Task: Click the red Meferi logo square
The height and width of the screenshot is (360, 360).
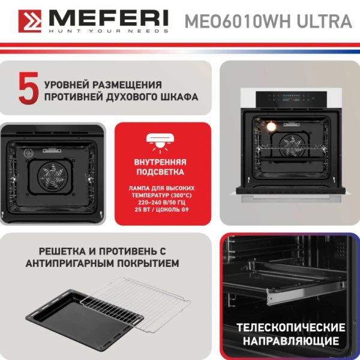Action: tap(30, 21)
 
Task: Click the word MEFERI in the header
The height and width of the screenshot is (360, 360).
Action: tap(109, 18)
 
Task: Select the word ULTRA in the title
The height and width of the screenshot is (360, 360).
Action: tap(325, 21)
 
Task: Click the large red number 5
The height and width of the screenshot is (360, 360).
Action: tap(29, 88)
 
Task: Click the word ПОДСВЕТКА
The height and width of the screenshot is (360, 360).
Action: tap(160, 172)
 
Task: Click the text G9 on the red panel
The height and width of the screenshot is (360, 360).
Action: tap(185, 209)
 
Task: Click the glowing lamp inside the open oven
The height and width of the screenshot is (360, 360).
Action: tap(271, 127)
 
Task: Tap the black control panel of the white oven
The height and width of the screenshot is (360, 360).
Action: tap(291, 99)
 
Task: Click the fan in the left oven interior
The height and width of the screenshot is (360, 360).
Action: tap(53, 176)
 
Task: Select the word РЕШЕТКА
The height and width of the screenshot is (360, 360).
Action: tap(62, 251)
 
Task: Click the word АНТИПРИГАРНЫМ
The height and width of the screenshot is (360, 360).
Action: tap(70, 263)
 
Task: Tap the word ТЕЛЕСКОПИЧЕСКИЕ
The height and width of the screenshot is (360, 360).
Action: tap(290, 328)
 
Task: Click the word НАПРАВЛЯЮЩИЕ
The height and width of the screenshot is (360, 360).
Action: tap(291, 341)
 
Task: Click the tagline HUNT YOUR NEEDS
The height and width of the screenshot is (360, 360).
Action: tap(109, 31)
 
